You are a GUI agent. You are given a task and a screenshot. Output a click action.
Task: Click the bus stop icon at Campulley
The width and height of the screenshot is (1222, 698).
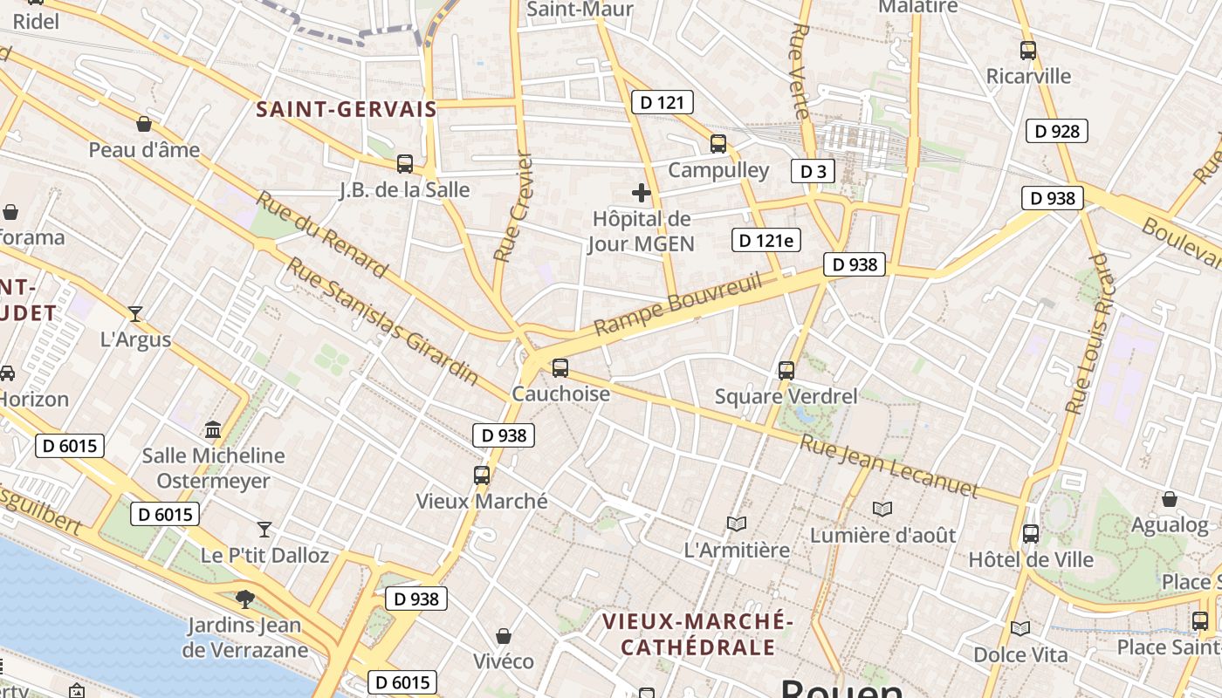pos(718,144)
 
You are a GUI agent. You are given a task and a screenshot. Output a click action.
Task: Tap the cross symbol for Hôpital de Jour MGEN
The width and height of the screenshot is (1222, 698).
pos(642,193)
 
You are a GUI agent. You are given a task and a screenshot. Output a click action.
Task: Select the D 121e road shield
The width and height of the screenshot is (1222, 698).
pos(766,240)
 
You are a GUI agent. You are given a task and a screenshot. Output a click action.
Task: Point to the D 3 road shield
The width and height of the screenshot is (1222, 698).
pos(813,171)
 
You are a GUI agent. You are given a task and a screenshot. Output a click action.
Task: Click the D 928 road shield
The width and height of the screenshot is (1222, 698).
pos(1056,132)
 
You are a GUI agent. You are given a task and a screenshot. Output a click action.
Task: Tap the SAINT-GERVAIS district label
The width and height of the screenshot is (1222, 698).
pos(346,110)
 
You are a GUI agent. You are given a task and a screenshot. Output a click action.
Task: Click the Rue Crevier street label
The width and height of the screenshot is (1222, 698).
pos(512,208)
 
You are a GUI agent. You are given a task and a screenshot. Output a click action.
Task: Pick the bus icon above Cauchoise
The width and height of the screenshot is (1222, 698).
pos(560,368)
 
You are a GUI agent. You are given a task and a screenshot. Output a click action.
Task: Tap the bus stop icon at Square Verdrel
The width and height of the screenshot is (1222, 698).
pos(786,371)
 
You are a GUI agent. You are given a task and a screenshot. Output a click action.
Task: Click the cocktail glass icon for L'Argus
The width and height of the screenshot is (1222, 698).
pos(135,313)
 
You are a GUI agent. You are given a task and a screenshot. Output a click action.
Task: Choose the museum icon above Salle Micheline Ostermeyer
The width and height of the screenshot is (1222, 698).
pos(212,429)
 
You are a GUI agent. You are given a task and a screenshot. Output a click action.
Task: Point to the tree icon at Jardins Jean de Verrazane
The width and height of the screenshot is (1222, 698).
pos(245,599)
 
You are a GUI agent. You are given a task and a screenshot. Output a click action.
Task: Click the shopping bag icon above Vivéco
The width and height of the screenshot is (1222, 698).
pos(504,635)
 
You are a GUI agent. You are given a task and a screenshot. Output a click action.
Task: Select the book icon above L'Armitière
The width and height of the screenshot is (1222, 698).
pos(737,523)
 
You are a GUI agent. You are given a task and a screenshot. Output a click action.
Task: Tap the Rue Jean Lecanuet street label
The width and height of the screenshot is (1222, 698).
pos(888,466)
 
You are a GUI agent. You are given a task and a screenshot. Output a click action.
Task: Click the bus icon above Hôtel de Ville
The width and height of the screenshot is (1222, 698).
pos(1031,533)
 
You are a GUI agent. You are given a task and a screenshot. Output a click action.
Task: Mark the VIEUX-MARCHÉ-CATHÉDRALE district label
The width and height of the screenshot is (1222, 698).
pos(697,634)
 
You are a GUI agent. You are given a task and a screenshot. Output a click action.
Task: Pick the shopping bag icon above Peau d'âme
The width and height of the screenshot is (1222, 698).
pos(144,124)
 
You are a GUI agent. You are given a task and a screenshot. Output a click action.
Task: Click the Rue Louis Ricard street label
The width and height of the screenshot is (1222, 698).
pos(1090,333)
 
